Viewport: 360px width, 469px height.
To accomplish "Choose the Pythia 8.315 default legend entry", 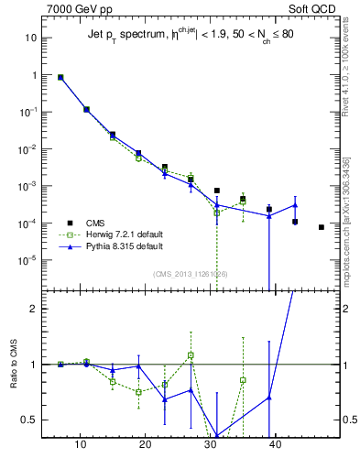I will [119, 246].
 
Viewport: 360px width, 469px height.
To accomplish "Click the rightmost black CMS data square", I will [322, 227].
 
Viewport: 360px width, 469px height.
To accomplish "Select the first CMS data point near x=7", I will [60, 78].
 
